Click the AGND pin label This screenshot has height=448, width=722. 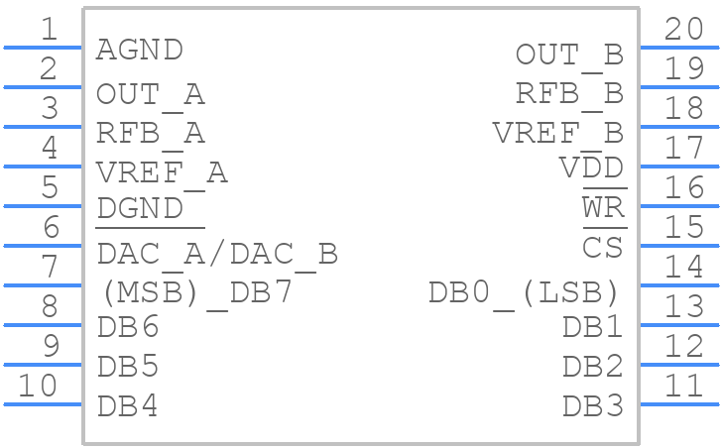click(x=140, y=50)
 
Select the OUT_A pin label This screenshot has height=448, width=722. click(x=150, y=94)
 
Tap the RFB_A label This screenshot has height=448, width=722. click(x=150, y=133)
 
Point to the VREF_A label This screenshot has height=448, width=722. click(x=162, y=172)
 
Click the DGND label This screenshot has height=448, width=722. click(x=140, y=209)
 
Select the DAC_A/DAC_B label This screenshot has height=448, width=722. click(x=217, y=254)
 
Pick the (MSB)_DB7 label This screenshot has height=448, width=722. click(x=196, y=292)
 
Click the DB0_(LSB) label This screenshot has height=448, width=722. click(x=525, y=292)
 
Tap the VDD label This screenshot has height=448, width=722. click(x=591, y=168)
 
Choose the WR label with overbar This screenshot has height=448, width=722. click(x=603, y=209)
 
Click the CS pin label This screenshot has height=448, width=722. click(x=603, y=247)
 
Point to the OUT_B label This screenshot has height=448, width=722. click(x=569, y=55)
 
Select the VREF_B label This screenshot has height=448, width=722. click(x=557, y=132)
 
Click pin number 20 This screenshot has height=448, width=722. click(x=684, y=29)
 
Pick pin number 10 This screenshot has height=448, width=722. click(x=39, y=386)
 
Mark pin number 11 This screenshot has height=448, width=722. click(x=684, y=386)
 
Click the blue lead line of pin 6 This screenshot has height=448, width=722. click(x=43, y=245)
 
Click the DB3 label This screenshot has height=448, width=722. click(x=592, y=405)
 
